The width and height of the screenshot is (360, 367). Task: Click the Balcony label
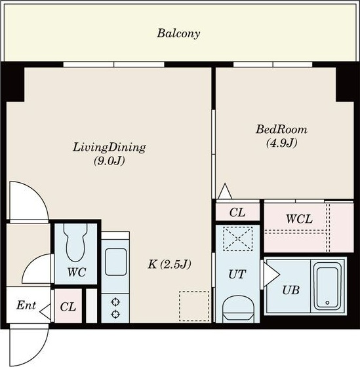click(x=178, y=33)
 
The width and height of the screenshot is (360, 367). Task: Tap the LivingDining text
click(x=110, y=147)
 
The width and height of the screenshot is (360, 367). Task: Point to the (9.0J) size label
click(x=109, y=161)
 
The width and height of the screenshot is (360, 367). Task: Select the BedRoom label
click(x=281, y=129)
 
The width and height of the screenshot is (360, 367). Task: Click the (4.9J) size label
click(x=282, y=143)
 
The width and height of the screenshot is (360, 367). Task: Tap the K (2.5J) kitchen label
click(x=170, y=265)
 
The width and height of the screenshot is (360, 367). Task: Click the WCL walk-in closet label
click(x=299, y=219)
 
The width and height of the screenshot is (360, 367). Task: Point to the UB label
click(x=291, y=290)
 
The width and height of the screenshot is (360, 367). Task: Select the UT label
click(x=237, y=275)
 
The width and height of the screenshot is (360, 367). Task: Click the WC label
click(x=77, y=272)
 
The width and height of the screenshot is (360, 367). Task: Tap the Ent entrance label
click(x=26, y=305)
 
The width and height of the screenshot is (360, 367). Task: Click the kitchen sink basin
click(x=115, y=262)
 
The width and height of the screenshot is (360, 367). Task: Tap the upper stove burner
click(x=115, y=302)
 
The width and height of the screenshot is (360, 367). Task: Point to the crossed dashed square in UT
click(x=238, y=239)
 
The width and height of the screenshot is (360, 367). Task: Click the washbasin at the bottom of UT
click(x=239, y=309)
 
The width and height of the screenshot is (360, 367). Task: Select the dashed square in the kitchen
click(x=194, y=306)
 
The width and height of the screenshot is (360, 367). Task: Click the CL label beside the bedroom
click(x=237, y=212)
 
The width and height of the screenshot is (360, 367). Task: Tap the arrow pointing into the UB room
click(x=271, y=274)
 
